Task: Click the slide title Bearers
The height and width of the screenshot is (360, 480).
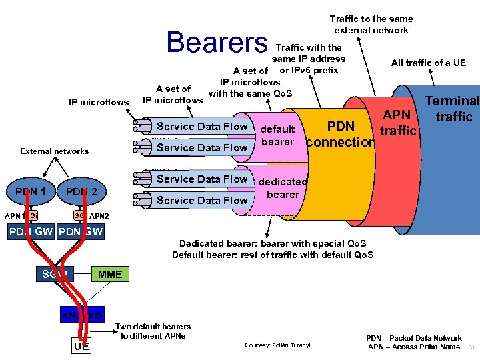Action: coord(217,42)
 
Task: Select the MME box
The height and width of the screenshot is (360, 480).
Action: coord(109,274)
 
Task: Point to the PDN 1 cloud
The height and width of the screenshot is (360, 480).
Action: coord(31,192)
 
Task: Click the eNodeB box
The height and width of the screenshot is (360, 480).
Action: coord(81,314)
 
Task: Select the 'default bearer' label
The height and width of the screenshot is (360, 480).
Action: coord(278,135)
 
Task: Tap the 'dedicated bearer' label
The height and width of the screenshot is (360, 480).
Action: coord(283,188)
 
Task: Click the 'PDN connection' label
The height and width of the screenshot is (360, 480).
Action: coord(341,134)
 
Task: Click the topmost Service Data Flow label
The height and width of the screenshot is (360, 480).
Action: coord(201,126)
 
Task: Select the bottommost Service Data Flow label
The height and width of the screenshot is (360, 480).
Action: coord(201,200)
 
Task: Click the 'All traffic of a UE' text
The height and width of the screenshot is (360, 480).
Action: coord(428,63)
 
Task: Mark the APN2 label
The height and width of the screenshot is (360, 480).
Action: coord(99,216)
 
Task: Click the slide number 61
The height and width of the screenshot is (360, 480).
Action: coord(471,347)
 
